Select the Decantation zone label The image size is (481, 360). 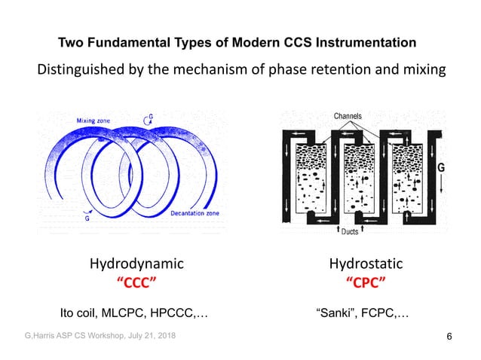coord(184,214)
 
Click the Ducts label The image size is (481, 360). coord(350,232)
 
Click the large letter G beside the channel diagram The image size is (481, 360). coord(441,167)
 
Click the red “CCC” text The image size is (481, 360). coord(136,282)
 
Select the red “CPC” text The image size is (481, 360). coord(366,282)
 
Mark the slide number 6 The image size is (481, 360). coord(450,336)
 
